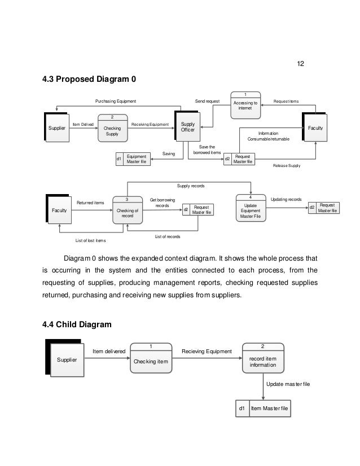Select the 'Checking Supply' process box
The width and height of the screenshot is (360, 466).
pyautogui.click(x=112, y=129)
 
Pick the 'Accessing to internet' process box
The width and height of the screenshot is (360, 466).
pyautogui.click(x=245, y=105)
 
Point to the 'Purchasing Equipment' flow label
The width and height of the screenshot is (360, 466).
pyautogui.click(x=116, y=101)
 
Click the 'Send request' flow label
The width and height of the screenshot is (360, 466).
pyautogui.click(x=207, y=101)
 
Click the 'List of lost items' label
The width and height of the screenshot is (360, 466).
pyautogui.click(x=90, y=241)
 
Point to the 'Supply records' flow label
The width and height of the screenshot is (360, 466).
pyautogui.click(x=191, y=186)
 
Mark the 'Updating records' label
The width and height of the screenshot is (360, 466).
pyautogui.click(x=287, y=199)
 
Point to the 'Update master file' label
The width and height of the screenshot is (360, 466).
pyautogui.click(x=288, y=384)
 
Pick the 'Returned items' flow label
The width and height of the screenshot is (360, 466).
pyautogui.click(x=90, y=202)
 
